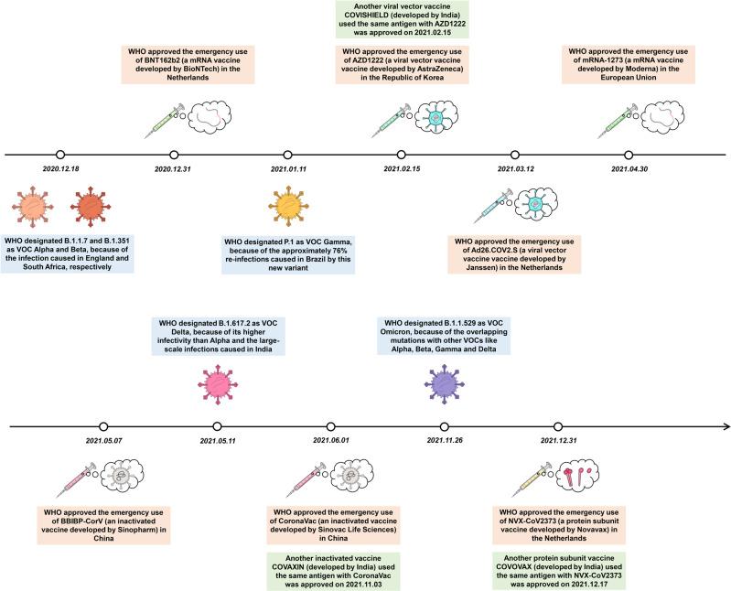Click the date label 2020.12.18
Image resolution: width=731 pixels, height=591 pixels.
pos(61,168)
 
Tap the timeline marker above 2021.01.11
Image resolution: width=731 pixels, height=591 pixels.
pos(288,155)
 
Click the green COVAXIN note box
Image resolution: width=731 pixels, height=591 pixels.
pos(331,554)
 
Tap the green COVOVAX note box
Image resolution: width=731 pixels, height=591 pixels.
pos(560,554)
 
